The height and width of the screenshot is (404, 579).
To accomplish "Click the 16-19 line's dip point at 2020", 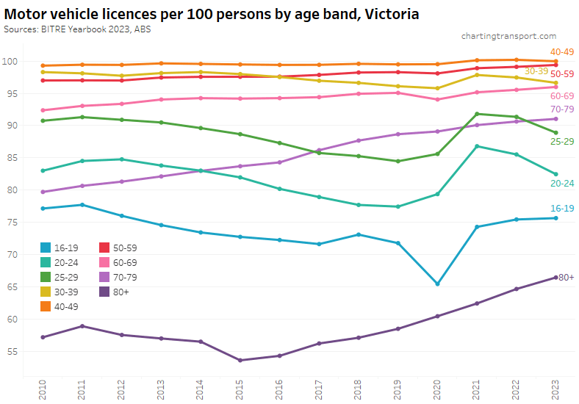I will tap(437, 284).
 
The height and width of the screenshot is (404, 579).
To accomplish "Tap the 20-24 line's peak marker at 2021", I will tap(478, 146).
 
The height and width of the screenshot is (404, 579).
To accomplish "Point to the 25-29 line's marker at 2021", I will tap(478, 114).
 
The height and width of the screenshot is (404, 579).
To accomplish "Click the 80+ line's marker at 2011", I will tap(82, 326).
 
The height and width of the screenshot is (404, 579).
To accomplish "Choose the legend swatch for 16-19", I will tap(46, 248).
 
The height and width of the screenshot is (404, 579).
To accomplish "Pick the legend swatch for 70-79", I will tap(104, 277).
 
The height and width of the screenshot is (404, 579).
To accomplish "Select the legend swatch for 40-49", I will tap(46, 306).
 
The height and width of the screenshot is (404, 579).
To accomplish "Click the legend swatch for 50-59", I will tap(104, 248).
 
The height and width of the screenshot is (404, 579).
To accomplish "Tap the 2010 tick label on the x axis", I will tap(43, 389).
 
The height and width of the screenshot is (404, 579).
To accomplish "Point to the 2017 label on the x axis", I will tap(319, 389).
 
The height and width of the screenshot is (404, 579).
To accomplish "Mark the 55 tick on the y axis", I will tap(12, 351).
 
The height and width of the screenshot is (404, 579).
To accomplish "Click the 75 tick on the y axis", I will tap(12, 222).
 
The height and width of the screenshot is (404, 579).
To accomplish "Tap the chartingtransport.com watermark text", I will tap(508, 36).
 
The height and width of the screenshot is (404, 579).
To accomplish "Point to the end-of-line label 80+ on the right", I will tap(567, 277).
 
